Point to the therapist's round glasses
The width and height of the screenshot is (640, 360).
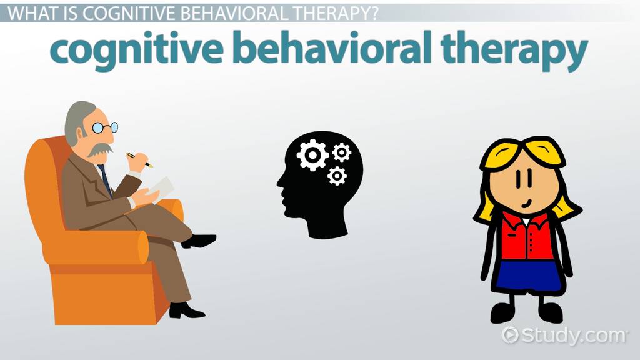pyautogui.click(x=105, y=127)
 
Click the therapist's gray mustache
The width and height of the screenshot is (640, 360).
pyautogui.click(x=100, y=149)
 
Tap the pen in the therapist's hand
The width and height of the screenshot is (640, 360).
pyautogui.click(x=139, y=160)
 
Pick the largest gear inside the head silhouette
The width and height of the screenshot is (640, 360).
pyautogui.click(x=312, y=155)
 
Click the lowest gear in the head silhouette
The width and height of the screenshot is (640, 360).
pyautogui.click(x=337, y=176)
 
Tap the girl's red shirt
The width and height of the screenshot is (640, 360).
pyautogui.click(x=526, y=236)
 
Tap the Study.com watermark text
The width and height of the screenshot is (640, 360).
pyautogui.click(x=574, y=336)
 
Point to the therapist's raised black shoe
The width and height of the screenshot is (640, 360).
pyautogui.click(x=199, y=241)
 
